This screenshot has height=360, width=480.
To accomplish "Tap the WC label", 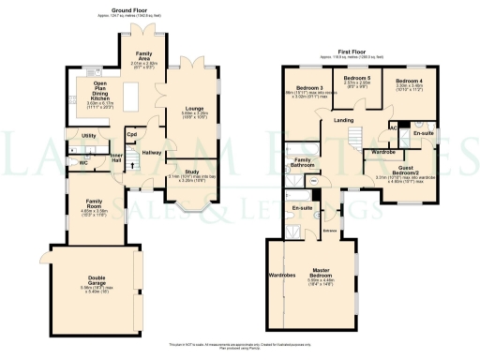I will [x=83, y=163].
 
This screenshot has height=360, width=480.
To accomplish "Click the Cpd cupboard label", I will [x=131, y=134].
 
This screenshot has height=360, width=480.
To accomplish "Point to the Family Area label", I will [x=144, y=58].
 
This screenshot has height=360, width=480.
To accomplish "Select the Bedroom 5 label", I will [x=356, y=78].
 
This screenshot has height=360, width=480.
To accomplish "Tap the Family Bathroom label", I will [x=302, y=163].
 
